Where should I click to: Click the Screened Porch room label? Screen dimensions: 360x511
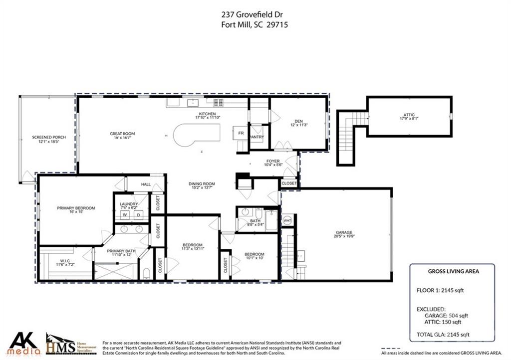pos(49,137)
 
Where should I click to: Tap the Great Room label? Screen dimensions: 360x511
pos(122,134)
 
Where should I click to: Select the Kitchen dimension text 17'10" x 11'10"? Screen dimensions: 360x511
pos(207,118)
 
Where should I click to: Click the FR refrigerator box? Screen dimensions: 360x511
pos(241,134)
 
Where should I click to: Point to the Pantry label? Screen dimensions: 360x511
pos(257,137)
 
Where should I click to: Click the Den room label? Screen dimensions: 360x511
pos(298,121)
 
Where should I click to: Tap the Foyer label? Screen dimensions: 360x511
pos(273,161)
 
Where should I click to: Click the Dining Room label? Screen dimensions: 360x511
pos(201,184)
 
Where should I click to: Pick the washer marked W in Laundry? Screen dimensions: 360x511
pos(125,215)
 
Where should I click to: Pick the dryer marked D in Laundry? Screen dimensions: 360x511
pos(139,215)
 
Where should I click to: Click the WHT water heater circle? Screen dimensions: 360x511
pos(287,220)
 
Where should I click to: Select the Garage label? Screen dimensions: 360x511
pos(344,232)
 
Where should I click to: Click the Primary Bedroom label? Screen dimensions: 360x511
pos(76,208)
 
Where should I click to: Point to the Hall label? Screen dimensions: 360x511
pos(146,184)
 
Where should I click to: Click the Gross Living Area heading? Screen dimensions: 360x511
pos(454,271)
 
